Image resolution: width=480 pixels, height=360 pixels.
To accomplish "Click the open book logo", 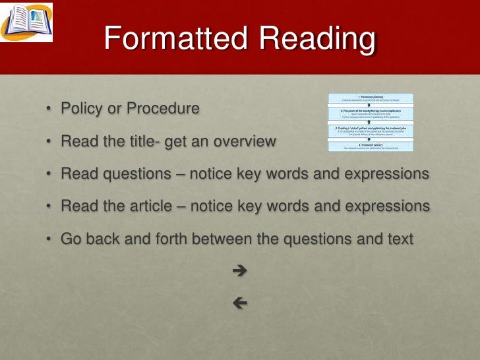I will click(x=26, y=21).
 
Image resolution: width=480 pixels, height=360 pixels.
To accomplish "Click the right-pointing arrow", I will click(x=240, y=270).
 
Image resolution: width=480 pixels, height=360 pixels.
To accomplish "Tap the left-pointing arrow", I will click(x=240, y=303).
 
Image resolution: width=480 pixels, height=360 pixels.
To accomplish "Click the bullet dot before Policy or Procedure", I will click(x=49, y=109).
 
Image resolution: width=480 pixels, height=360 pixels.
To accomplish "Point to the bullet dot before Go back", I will click(x=49, y=239).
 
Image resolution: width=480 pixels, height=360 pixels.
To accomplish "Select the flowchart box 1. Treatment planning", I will click(x=371, y=99).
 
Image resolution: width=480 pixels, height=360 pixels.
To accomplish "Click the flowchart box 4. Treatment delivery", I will click(x=371, y=147).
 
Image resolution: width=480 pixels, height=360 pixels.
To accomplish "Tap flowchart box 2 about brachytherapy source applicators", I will click(x=371, y=114).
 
